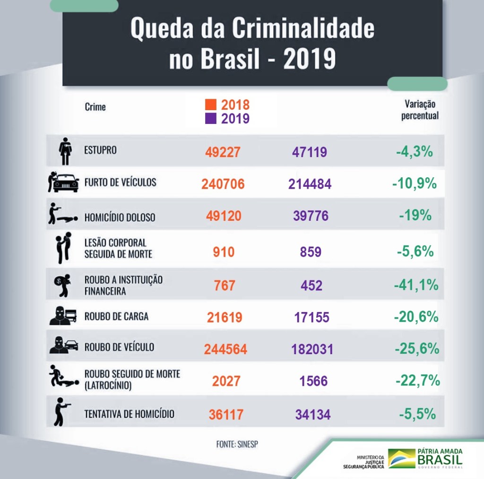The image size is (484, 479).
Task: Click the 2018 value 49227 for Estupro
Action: click(223, 152)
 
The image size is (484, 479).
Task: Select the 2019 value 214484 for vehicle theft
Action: click(310, 184)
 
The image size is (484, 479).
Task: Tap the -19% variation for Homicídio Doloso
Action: click(415, 216)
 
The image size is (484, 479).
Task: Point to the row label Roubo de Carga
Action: click(116, 316)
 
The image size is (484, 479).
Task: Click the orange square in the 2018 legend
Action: click(211, 105)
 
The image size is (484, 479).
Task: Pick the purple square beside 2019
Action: click(211, 118)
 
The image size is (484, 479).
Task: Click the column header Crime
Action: click(95, 106)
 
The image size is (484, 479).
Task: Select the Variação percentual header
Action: click(420, 109)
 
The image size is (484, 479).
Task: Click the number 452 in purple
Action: click(311, 286)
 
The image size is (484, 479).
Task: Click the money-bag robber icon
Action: click(62, 285)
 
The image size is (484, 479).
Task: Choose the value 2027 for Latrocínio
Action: click(223, 381)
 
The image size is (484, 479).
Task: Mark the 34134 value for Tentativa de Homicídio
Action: click(313, 415)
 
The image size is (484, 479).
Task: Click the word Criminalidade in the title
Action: click(302, 29)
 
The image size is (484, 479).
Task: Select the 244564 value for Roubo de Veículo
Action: click(225, 349)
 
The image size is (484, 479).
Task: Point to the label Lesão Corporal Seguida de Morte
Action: click(118, 248)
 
